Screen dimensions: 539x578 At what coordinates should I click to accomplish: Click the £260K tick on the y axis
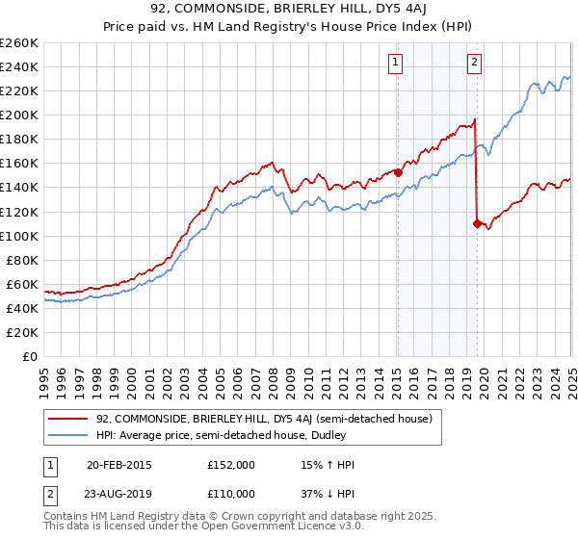tap(19, 43)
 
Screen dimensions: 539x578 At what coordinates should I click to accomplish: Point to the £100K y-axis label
tap(19, 236)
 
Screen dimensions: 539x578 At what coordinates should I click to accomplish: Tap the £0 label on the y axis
tap(31, 356)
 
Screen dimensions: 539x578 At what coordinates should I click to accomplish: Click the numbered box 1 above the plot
tap(396, 64)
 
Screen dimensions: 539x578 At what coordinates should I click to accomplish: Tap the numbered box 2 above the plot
tap(475, 64)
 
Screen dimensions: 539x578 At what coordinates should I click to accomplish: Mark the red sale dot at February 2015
tap(398, 173)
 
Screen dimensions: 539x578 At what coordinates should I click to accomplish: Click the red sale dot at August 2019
tap(477, 223)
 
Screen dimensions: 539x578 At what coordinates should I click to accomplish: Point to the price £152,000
tap(230, 465)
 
